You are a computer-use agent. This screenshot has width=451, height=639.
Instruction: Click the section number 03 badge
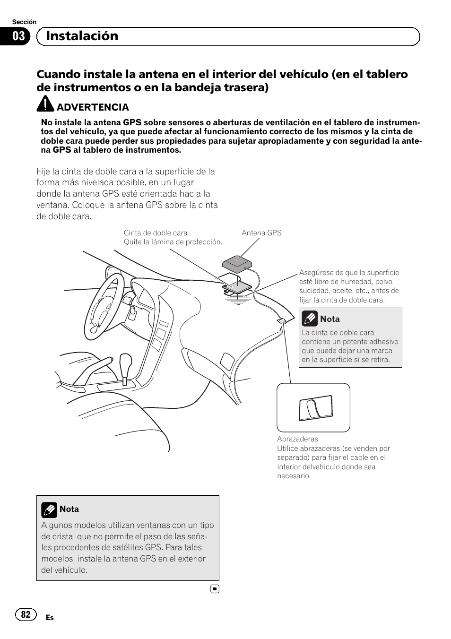click(x=18, y=36)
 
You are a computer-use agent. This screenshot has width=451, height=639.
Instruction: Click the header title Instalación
click(x=82, y=36)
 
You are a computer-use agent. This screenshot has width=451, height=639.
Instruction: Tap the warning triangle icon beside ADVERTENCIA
click(x=46, y=104)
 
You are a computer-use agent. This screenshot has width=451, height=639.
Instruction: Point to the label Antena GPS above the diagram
click(x=261, y=233)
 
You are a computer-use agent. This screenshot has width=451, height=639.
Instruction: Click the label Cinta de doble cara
click(x=156, y=233)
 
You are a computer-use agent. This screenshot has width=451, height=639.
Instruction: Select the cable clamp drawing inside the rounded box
click(x=315, y=408)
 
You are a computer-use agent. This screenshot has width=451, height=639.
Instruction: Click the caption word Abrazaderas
click(x=297, y=439)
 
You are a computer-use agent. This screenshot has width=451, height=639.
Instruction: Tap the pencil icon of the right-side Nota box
click(x=310, y=319)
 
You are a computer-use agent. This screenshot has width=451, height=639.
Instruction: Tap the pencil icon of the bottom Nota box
click(x=49, y=509)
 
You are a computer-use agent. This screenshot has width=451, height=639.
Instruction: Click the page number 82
click(x=26, y=614)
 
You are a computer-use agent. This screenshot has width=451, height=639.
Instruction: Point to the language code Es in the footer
click(x=50, y=618)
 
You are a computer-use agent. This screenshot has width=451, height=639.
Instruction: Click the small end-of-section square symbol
click(x=215, y=589)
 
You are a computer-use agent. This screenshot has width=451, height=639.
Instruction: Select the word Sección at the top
click(x=24, y=22)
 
